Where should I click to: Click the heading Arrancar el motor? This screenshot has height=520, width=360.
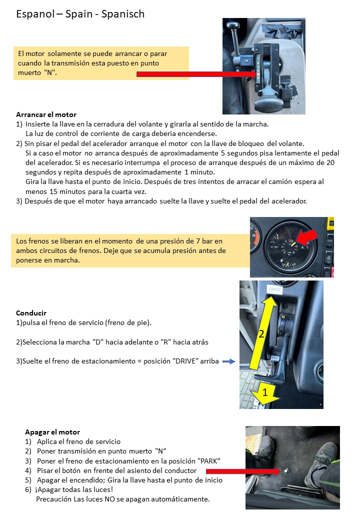pyautogui.click(x=46, y=114)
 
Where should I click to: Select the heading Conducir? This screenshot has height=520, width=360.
pyautogui.click(x=31, y=313)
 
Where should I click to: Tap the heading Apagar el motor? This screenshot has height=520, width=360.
pyautogui.click(x=52, y=432)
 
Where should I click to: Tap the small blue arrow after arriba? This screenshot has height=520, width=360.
pyautogui.click(x=228, y=361)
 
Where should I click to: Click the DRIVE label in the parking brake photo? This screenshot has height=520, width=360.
pyautogui.click(x=275, y=289)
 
